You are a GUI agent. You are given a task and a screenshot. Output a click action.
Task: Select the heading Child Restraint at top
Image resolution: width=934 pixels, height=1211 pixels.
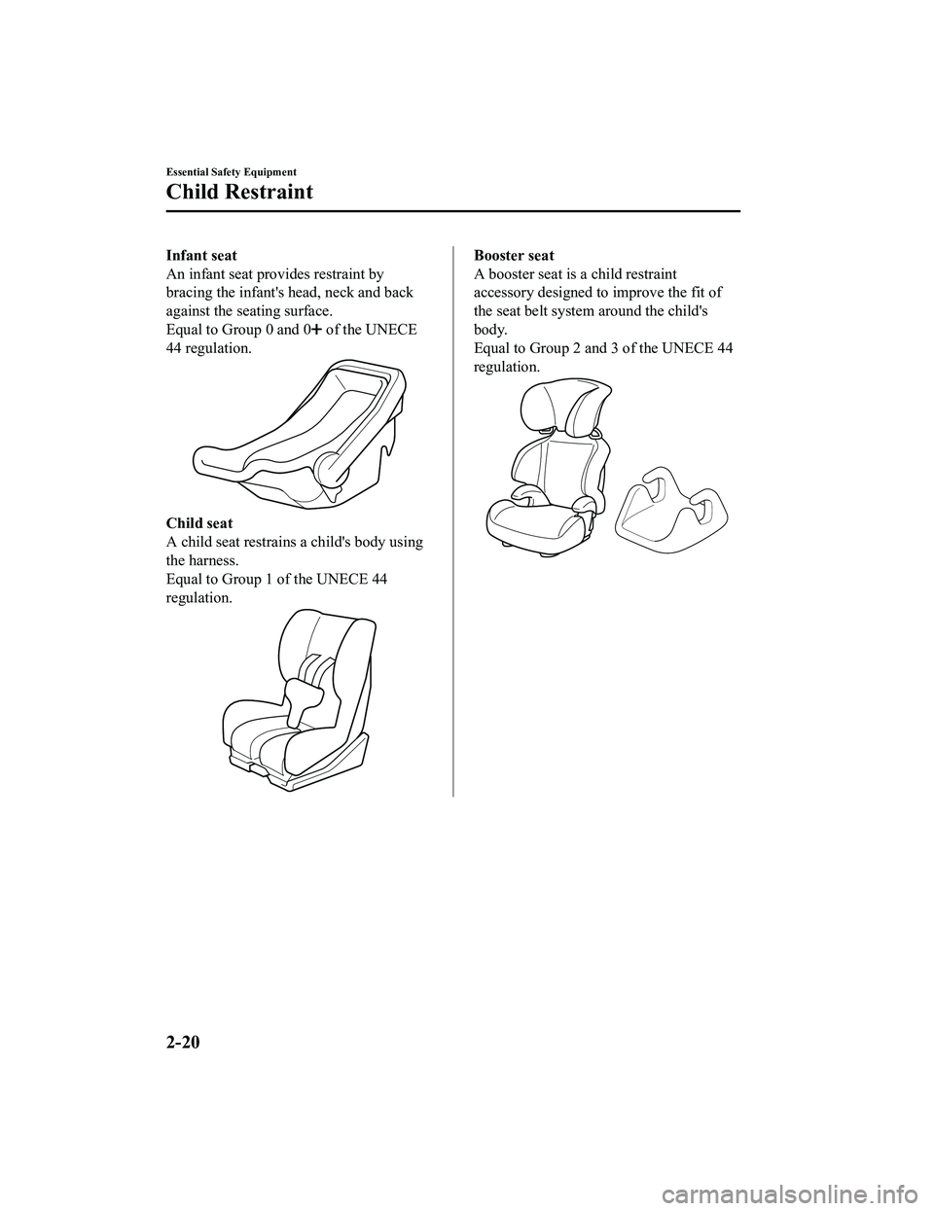pos(239,192)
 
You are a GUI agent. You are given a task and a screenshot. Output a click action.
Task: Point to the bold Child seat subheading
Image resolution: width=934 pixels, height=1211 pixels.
pos(198,523)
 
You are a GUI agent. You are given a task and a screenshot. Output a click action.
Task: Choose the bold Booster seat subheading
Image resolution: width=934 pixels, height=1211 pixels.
pos(514,255)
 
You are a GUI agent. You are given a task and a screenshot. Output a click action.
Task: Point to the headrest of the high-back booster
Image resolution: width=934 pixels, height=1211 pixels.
pos(566,407)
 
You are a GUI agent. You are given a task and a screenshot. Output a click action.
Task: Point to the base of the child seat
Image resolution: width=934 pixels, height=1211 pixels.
pos(297,773)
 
